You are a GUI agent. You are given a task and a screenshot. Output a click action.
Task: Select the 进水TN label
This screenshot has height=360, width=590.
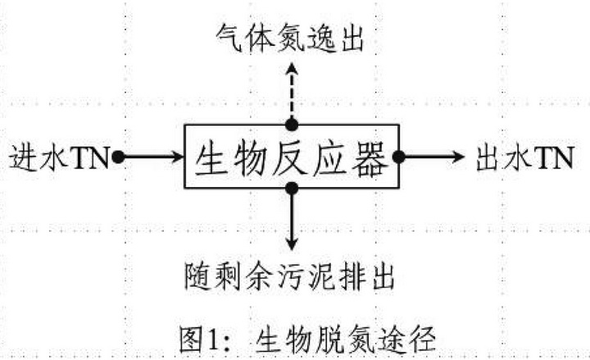(x=59, y=157)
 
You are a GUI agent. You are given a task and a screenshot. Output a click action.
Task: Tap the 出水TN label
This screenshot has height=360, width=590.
(x=524, y=157)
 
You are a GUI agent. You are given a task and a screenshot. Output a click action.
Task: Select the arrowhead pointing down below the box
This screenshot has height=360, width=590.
(x=292, y=243)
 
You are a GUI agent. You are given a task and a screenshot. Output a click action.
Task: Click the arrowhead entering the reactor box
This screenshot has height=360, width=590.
(x=178, y=157)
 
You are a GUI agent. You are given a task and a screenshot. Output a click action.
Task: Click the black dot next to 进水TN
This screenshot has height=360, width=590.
(x=118, y=157)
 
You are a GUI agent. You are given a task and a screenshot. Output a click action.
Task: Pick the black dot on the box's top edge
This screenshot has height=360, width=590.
(x=292, y=125)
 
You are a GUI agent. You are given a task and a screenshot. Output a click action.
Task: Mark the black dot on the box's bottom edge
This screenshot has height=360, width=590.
(x=292, y=189)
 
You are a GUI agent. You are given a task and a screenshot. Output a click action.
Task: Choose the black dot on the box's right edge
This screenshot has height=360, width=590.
(x=399, y=157)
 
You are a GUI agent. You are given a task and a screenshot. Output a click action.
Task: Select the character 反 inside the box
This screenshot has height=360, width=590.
(x=290, y=157)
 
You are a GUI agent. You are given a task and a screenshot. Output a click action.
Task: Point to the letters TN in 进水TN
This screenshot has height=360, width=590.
(x=92, y=157)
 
